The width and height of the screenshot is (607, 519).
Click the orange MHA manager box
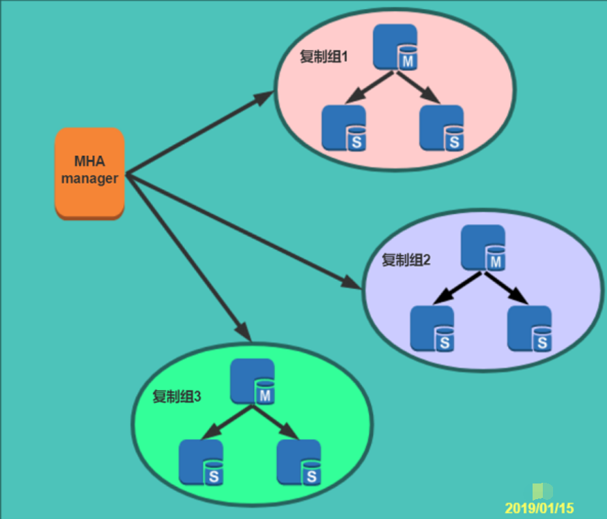click(x=89, y=173)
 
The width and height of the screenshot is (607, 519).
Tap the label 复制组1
click(x=324, y=57)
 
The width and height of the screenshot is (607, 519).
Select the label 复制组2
click(x=406, y=259)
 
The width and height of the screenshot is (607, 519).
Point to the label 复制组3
click(x=176, y=397)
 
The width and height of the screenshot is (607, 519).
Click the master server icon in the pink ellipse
click(x=396, y=47)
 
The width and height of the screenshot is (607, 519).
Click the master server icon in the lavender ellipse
click(x=483, y=247)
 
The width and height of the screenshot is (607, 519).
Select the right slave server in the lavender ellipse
click(x=530, y=328)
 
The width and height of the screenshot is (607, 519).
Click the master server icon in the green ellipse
click(x=253, y=382)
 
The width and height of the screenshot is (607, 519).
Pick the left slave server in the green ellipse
click(x=201, y=462)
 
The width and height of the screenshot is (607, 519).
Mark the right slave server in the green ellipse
click(x=299, y=462)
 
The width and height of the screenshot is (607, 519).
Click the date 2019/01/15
click(x=539, y=508)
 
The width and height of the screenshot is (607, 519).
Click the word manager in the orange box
click(x=89, y=180)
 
